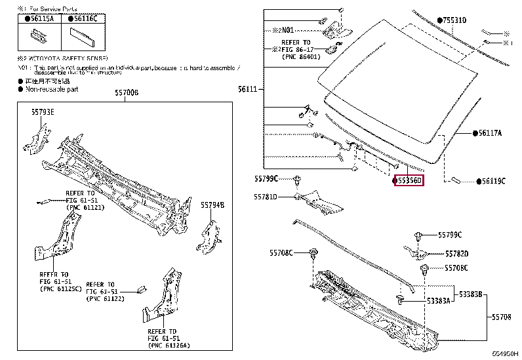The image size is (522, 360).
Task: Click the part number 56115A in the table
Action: [x=42, y=20]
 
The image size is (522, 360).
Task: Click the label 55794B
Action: [x=212, y=205]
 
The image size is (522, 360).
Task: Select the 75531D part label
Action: [x=454, y=21]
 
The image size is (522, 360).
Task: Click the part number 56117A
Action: [x=489, y=132]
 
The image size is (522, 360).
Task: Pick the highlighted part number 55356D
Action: [x=409, y=179]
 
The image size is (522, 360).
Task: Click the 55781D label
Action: [x=266, y=197]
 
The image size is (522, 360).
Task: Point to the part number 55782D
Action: [x=456, y=253]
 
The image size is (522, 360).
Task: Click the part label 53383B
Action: [x=469, y=295]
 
